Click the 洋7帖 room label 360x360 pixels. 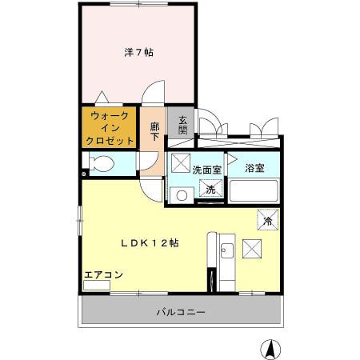pos(138,52)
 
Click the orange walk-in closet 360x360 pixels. pos(110,128)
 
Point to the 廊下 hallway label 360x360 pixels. pos(154,131)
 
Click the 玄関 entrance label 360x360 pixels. pos(182,125)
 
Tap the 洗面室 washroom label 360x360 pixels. pos(206,170)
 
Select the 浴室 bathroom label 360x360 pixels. pos(254,168)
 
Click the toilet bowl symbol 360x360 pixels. pos(101,164)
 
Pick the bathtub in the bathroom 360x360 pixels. pos(253,193)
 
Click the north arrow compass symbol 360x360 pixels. pos(270,348)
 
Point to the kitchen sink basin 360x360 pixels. pos(226,251)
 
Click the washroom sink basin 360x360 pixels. pos(181,195)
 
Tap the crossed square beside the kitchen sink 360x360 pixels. pos(254,250)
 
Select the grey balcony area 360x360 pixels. pos(120,312)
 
